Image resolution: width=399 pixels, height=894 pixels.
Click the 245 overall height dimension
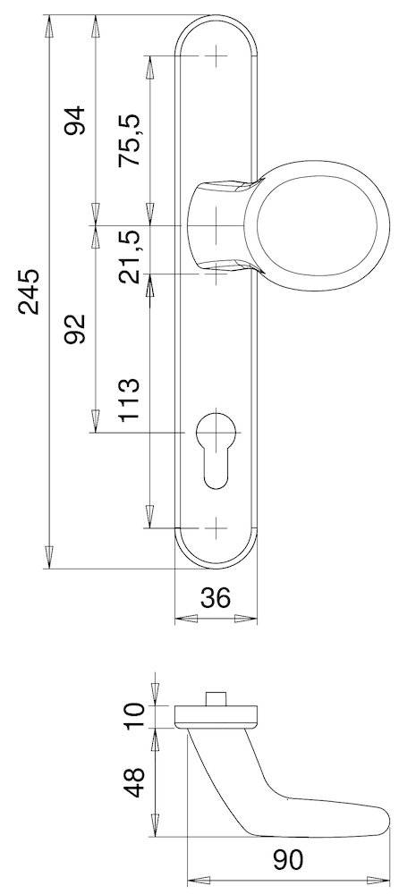click(30, 291)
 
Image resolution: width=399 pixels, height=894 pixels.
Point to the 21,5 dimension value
click(131, 256)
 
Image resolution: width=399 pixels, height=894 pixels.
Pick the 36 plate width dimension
click(215, 597)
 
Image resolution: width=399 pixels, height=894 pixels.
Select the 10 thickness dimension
click(134, 714)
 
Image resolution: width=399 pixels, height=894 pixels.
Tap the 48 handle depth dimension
click(134, 780)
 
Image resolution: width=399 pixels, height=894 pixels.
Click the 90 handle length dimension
click(288, 860)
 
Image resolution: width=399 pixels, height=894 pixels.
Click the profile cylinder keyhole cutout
click(216, 448)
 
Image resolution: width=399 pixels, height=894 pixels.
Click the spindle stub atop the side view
click(216, 697)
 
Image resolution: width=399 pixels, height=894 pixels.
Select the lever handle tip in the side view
click(380, 817)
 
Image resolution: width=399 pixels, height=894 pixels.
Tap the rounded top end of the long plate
click(216, 27)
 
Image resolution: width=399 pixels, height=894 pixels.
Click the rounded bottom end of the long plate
click(216, 556)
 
